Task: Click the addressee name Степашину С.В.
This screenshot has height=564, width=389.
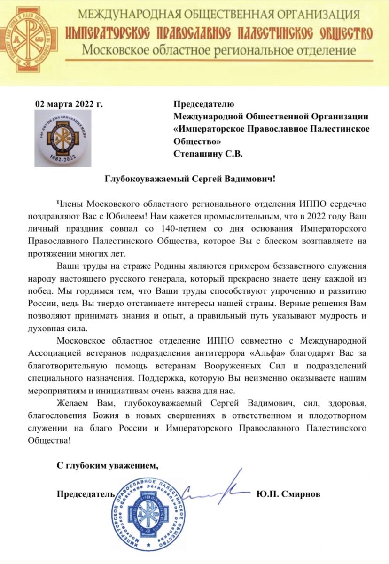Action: (x=208, y=154)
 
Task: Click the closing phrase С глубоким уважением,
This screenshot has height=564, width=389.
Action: (x=105, y=465)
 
